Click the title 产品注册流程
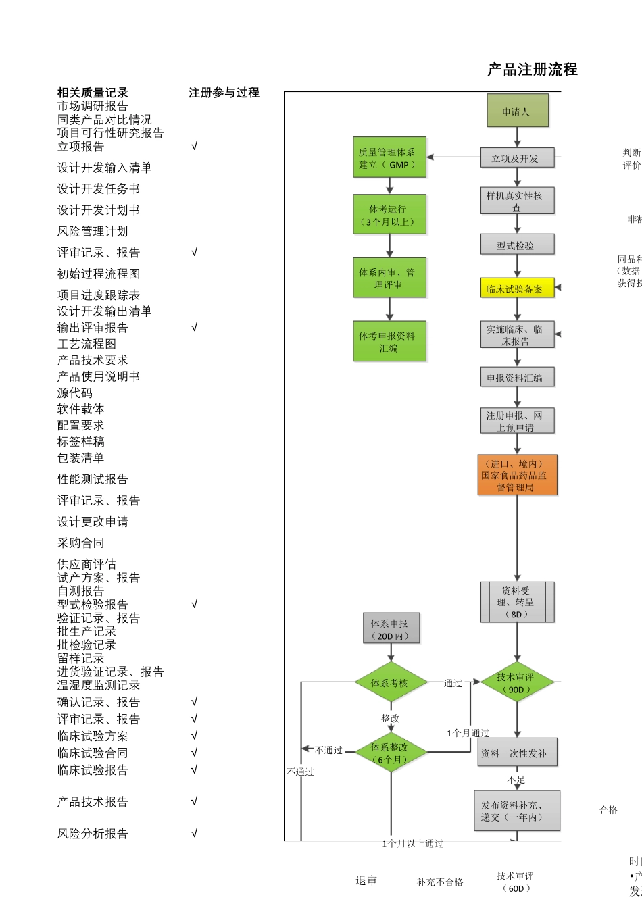click(x=533, y=70)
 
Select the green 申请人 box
click(x=517, y=111)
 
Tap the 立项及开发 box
click(x=517, y=158)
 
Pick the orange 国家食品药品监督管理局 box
click(x=517, y=475)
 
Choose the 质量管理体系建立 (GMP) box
click(x=389, y=157)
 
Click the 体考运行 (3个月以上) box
click(x=389, y=215)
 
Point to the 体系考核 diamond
click(x=390, y=683)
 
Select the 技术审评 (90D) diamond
click(x=517, y=683)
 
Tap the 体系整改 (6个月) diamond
click(x=390, y=753)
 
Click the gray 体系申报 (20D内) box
click(x=390, y=629)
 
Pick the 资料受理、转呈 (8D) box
click(x=517, y=602)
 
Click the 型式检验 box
click(x=517, y=245)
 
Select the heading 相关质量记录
click(x=93, y=93)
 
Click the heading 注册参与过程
click(x=224, y=93)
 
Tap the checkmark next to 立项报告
click(x=194, y=146)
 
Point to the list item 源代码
click(x=75, y=393)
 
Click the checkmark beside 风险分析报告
click(x=194, y=833)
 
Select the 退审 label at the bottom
click(x=366, y=880)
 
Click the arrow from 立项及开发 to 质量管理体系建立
click(x=453, y=157)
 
